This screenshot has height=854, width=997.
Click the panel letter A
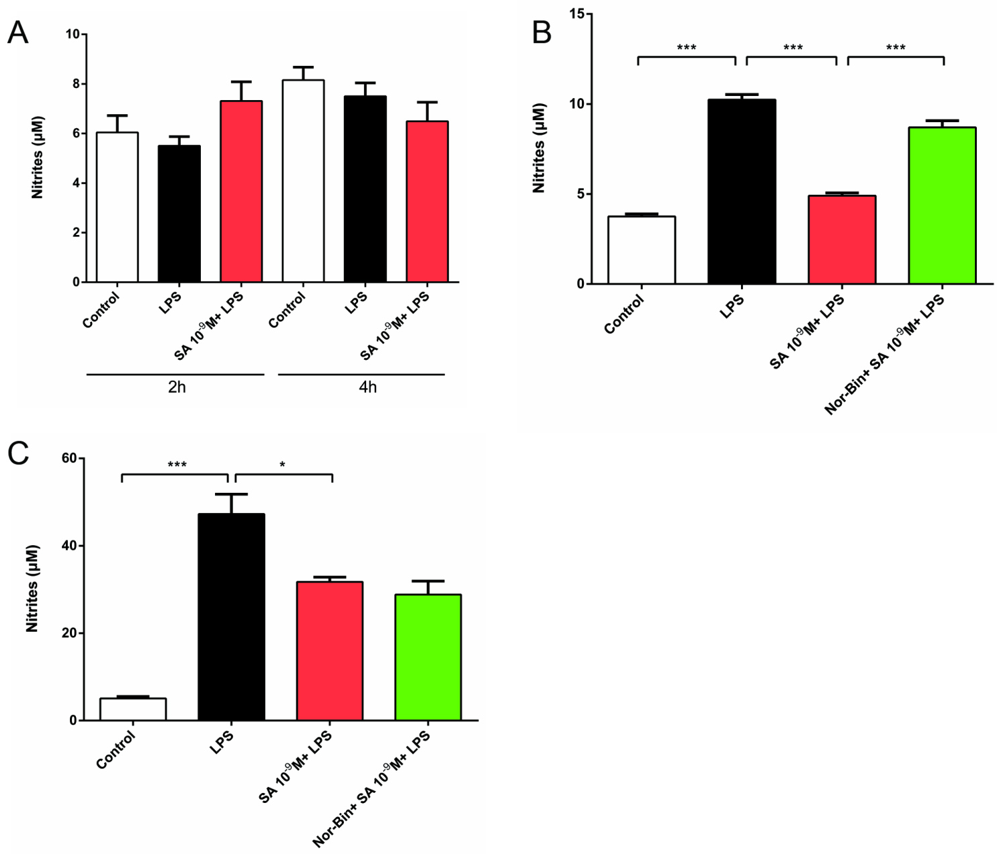click(18, 32)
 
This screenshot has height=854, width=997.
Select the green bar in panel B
click(942, 205)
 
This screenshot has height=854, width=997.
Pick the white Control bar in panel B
click(642, 250)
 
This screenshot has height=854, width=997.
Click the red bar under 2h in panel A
click(241, 191)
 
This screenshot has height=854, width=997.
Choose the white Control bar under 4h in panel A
click(303, 181)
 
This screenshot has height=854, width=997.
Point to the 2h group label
click(177, 387)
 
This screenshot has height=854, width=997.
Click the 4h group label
click(367, 387)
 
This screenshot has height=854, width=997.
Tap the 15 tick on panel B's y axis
click(576, 14)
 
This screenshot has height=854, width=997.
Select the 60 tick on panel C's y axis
click(69, 458)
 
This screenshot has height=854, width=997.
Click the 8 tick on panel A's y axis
click(76, 84)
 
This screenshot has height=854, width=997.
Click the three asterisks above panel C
click(177, 465)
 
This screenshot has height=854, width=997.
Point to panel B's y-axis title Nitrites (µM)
click(539, 148)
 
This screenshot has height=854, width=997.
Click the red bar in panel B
click(842, 240)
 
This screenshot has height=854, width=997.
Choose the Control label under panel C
click(116, 749)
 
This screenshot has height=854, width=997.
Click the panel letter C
click(18, 453)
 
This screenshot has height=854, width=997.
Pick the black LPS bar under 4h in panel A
click(365, 189)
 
